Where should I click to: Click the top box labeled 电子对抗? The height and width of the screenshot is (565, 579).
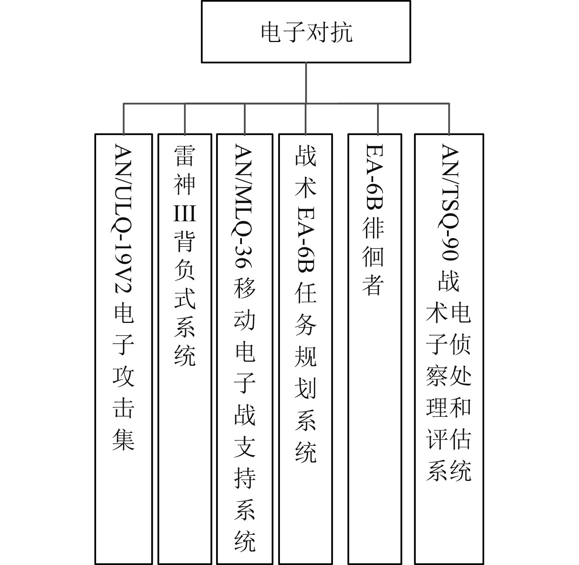point(306,32)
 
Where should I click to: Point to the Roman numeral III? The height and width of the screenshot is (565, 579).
point(185,213)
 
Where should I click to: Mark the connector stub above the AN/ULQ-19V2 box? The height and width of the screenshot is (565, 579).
point(124,119)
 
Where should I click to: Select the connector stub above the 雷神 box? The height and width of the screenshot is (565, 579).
point(185,119)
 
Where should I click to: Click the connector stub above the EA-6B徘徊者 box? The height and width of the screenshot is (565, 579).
point(378,119)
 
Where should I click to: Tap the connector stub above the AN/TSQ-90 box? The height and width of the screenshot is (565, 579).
point(449,119)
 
